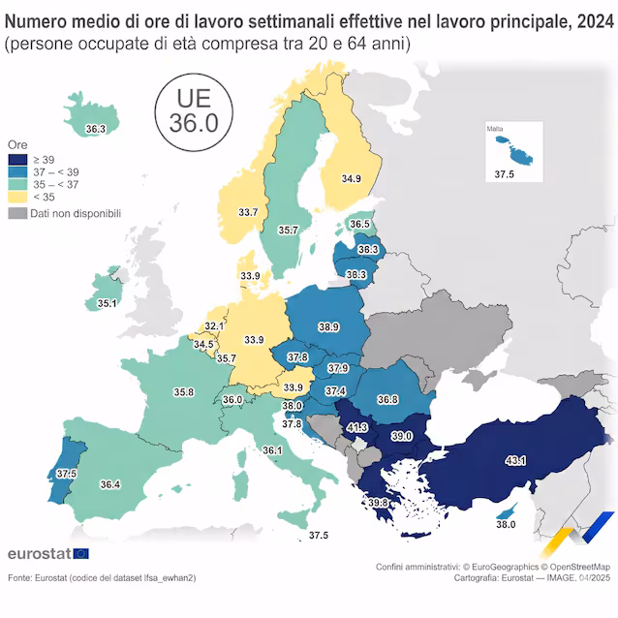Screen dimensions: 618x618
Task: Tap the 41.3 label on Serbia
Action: tap(357, 426)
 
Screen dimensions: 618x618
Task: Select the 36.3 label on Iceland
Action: tap(95, 128)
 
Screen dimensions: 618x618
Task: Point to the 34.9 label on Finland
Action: tap(351, 178)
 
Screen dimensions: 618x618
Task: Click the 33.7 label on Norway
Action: tap(248, 212)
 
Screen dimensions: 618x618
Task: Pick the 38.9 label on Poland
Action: tap(327, 327)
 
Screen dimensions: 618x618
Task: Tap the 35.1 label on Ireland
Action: tap(107, 303)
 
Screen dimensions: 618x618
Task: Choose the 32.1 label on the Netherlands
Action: tap(214, 326)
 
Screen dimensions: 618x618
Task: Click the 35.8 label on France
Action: tap(184, 392)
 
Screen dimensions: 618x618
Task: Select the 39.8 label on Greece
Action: tap(378, 502)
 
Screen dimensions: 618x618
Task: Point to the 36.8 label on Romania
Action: tap(387, 399)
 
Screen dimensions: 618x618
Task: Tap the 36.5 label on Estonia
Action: tap(359, 225)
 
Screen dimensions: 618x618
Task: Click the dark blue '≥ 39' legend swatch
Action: tap(17, 159)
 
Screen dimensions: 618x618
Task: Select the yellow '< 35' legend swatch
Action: tap(17, 196)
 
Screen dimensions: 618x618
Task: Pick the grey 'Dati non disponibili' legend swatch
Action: tap(17, 213)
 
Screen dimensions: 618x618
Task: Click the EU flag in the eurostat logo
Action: tap(80, 553)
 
